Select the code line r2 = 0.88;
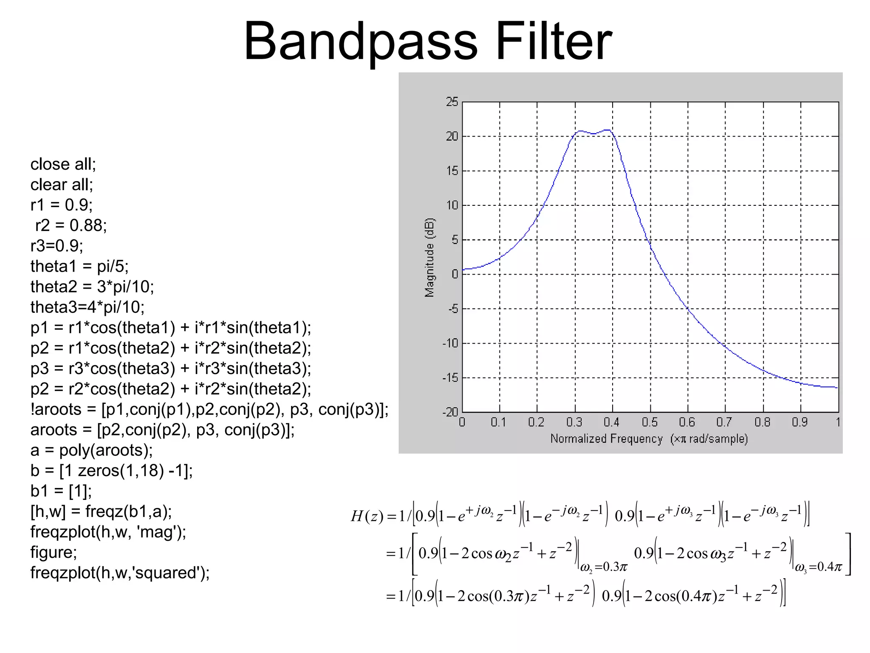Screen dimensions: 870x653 (71, 225)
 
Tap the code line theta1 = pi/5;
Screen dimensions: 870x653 (79, 266)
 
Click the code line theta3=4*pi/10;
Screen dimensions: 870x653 (88, 307)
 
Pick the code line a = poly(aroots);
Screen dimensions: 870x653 (91, 450)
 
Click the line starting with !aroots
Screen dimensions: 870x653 (209, 409)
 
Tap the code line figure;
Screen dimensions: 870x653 (54, 552)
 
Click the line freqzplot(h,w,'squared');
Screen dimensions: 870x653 (120, 573)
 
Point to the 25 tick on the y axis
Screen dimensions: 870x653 (452, 102)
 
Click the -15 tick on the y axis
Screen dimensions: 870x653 (450, 378)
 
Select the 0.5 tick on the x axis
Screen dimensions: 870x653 (650, 422)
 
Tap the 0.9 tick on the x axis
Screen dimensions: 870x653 (800, 422)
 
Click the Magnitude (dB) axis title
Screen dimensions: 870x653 (429, 258)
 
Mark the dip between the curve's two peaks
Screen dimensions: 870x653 (594, 134)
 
